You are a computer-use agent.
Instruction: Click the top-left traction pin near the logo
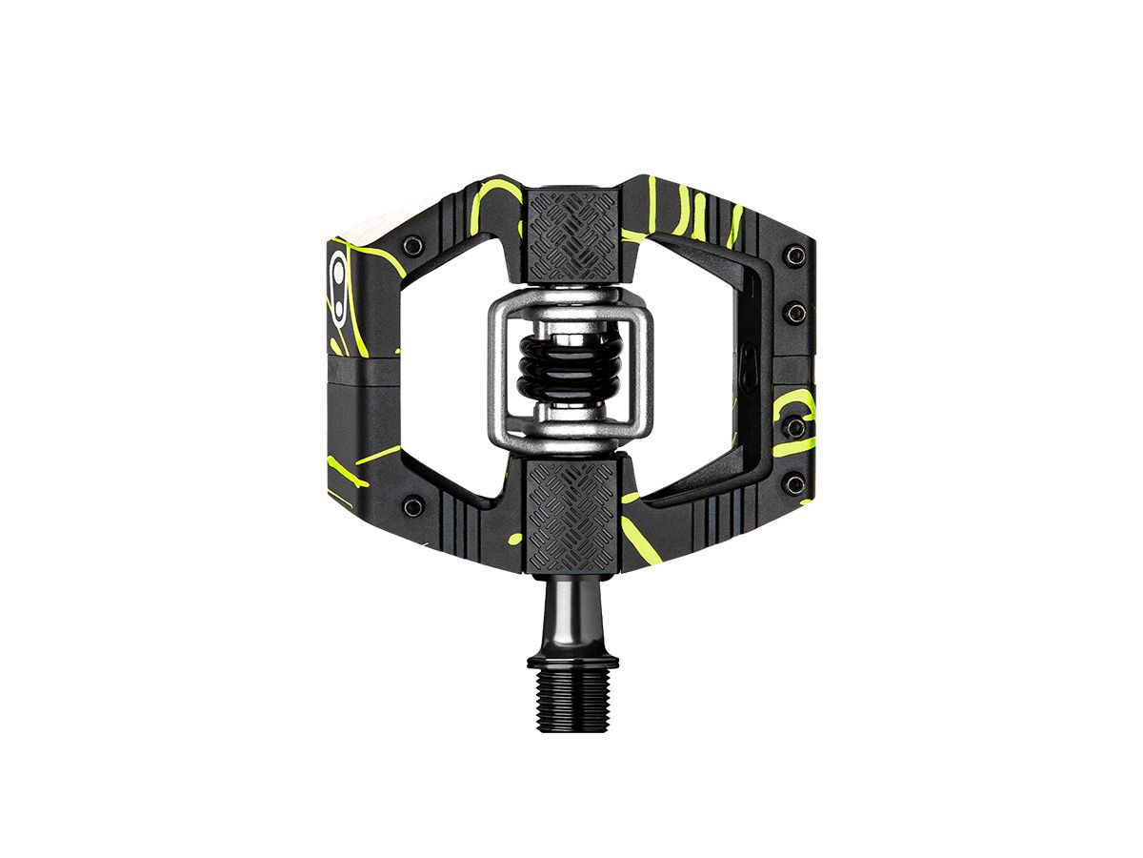411,246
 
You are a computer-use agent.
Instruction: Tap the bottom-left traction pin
411,505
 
